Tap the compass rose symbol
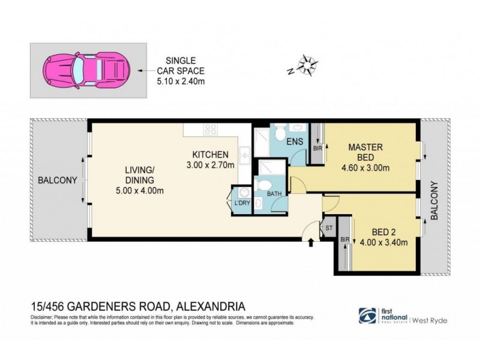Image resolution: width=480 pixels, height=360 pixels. click(307, 64)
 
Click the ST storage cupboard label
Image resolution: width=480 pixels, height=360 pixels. click(329, 227)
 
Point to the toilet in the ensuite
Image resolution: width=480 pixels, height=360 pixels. click(280, 133)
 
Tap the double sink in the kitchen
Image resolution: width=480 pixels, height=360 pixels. click(244, 155)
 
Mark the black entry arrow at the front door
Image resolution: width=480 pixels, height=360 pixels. click(310, 242)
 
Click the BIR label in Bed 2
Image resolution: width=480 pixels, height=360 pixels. click(345, 240)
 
